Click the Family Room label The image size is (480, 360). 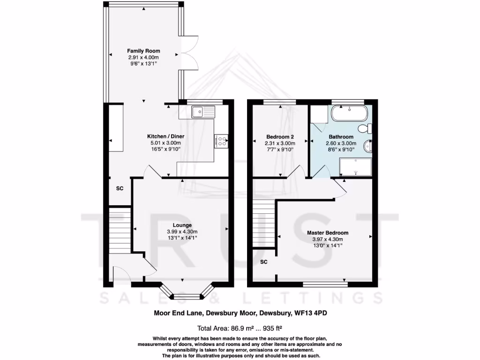[144, 51]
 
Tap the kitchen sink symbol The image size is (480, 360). [203, 112]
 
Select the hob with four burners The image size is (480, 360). [221, 141]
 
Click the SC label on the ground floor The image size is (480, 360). [120, 188]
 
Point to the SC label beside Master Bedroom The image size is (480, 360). [264, 262]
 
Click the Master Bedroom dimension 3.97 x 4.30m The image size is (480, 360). [328, 239]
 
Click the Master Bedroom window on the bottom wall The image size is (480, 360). [325, 284]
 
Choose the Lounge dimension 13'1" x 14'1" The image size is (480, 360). [182, 238]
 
